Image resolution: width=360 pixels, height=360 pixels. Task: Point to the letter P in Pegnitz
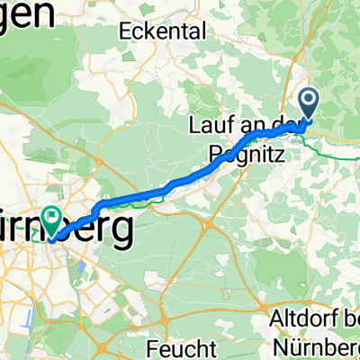[x=217, y=154]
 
